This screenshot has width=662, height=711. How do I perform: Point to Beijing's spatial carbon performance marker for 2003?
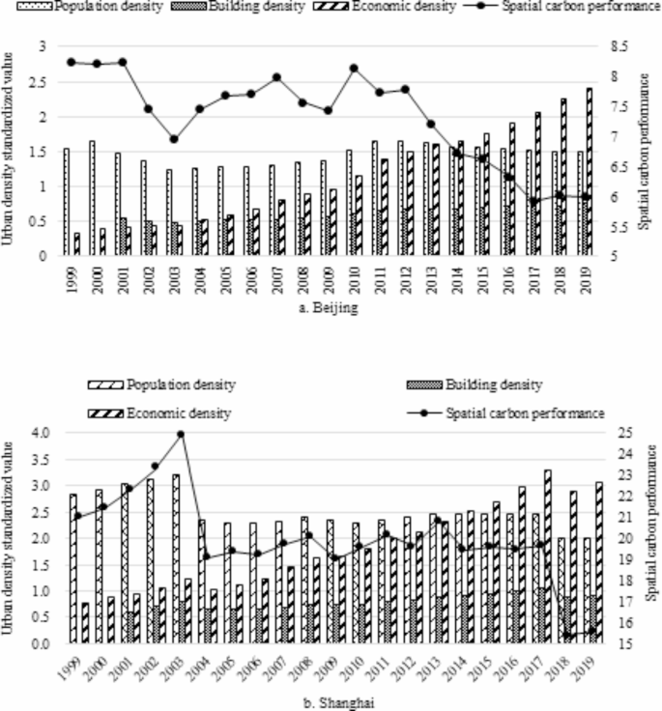click(174, 139)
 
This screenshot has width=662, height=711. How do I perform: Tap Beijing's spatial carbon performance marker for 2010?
click(354, 69)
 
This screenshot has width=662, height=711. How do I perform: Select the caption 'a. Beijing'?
click(329, 308)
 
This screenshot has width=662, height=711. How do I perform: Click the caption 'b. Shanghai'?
click(338, 703)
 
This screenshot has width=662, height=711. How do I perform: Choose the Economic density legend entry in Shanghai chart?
click(159, 413)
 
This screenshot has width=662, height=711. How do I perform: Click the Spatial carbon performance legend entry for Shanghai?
click(505, 413)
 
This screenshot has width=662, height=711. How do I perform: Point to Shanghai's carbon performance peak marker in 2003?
click(181, 434)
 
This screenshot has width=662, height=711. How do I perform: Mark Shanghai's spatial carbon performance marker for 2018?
click(566, 636)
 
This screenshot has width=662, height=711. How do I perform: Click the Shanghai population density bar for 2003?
click(176, 558)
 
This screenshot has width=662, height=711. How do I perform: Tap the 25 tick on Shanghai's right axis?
click(624, 432)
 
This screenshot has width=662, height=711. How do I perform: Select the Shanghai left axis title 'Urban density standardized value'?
click(8, 538)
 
